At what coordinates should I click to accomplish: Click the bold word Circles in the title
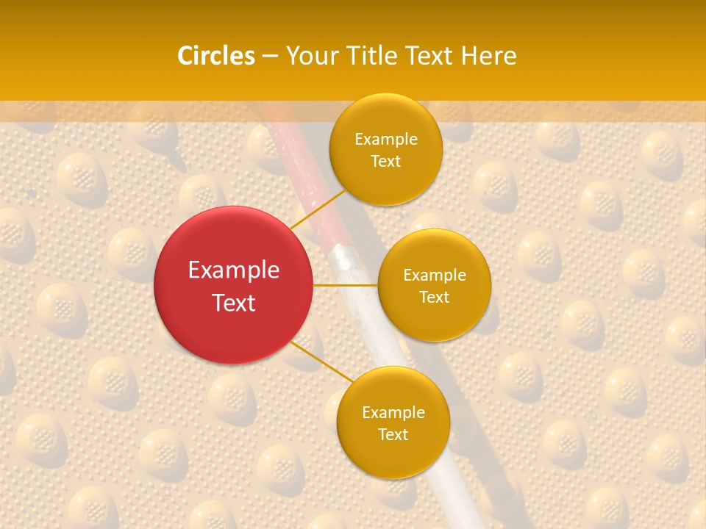216,56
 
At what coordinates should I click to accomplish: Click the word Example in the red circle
234,270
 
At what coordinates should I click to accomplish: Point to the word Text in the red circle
234,303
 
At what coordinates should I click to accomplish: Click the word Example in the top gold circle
386,140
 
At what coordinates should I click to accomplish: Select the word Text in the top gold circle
386,161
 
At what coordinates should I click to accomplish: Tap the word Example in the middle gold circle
435,276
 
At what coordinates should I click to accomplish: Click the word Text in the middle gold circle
435,297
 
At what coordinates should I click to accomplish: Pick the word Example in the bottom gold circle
393,413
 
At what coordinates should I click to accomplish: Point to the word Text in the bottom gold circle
393,434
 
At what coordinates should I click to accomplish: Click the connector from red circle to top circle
318,209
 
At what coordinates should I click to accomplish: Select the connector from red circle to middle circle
346,285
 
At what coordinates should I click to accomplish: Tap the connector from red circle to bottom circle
319,361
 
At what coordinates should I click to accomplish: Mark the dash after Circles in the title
270,57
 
